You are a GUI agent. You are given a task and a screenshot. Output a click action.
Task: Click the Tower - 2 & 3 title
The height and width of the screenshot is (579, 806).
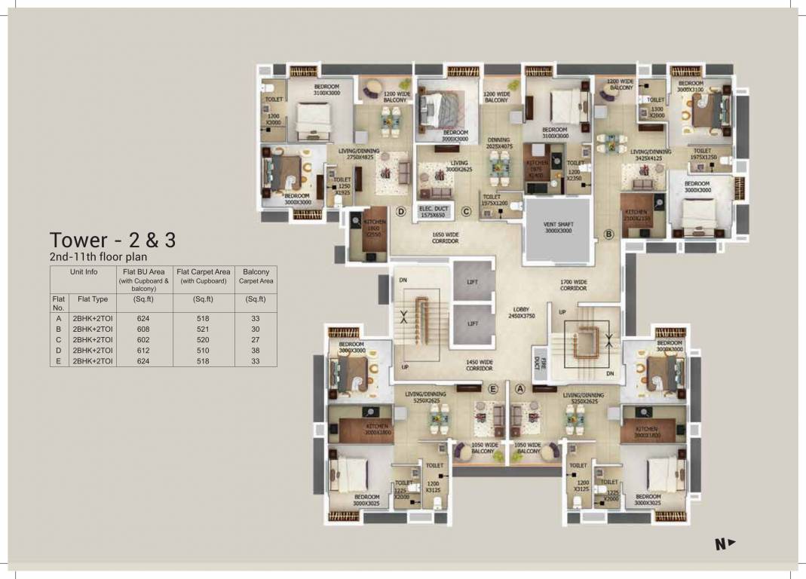pos(113,240)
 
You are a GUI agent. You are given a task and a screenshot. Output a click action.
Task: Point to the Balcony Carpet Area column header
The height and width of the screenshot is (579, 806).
pos(256,276)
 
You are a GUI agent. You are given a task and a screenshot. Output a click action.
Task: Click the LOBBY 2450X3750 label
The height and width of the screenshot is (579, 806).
pos(522,312)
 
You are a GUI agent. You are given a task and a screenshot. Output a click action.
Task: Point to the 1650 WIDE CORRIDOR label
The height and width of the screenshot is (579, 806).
pos(446,237)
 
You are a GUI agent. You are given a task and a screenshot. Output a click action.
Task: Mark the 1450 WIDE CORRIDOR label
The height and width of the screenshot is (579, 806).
pos(479,365)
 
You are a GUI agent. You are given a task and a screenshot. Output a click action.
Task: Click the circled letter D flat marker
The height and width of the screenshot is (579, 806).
pos(402,213)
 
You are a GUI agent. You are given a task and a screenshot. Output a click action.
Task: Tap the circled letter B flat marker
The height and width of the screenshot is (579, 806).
pos(609,234)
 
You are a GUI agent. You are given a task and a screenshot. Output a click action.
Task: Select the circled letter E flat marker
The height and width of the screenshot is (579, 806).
pos(492,389)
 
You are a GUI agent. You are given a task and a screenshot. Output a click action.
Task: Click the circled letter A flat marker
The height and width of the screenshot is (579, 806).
pos(520,389)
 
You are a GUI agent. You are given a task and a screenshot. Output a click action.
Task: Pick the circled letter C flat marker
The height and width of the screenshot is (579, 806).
pos(467,213)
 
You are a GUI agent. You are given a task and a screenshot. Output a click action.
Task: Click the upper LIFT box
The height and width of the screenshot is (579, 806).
pos(473,283)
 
